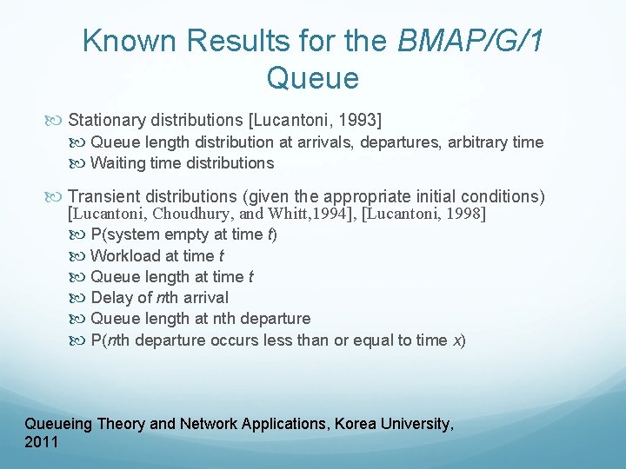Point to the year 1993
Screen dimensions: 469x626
[358, 118]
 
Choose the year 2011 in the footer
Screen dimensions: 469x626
[42, 442]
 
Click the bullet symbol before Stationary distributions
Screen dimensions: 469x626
[57, 119]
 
